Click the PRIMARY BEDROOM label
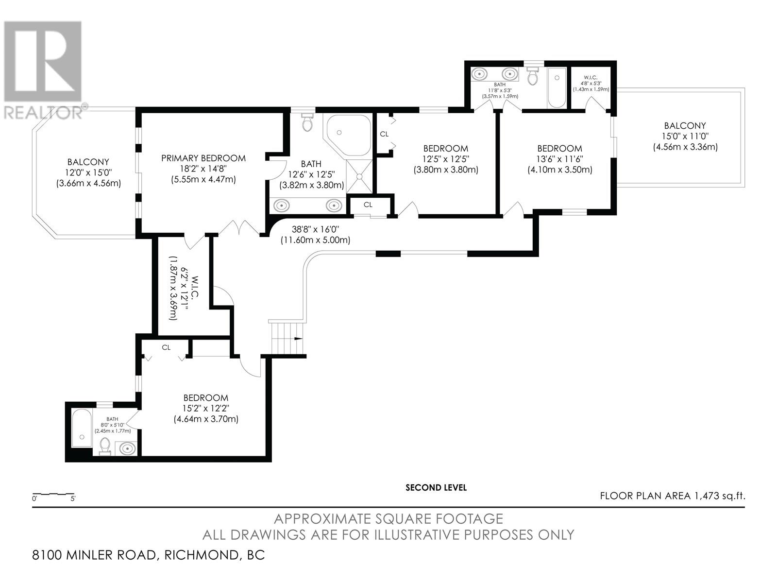[203, 158]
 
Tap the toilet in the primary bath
[307, 122]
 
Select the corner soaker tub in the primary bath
[348, 135]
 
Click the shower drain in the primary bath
[359, 176]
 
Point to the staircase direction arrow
[298, 339]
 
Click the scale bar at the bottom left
[53, 494]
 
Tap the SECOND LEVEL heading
[436, 488]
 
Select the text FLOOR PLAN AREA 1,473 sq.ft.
[673, 496]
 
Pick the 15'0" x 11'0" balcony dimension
[685, 136]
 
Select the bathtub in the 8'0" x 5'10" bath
[82, 429]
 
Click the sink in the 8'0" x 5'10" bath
[126, 449]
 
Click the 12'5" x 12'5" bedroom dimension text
[446, 159]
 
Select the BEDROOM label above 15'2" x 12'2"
[206, 398]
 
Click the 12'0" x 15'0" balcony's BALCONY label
[88, 162]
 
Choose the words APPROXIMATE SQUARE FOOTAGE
[388, 519]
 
